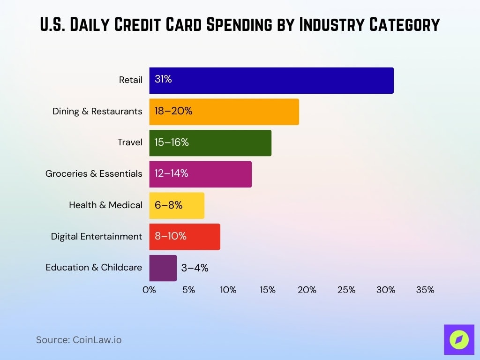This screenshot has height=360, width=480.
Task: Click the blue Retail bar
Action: pos(271,80)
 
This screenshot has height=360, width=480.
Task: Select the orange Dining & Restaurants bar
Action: pos(224,112)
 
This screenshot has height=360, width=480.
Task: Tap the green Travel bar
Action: pos(210,142)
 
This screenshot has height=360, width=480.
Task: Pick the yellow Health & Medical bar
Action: pos(177,205)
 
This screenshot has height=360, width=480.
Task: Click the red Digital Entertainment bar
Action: pos(185,236)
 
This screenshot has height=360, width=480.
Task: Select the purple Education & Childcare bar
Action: pos(163,268)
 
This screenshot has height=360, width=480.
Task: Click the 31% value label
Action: pos(163,80)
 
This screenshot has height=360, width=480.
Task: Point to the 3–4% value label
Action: pos(195,268)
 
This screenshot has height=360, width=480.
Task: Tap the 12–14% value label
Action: pos(172,173)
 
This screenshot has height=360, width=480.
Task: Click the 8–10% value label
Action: pos(171,236)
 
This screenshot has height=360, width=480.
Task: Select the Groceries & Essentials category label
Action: pos(94,174)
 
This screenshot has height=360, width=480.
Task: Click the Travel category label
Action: pos(130,142)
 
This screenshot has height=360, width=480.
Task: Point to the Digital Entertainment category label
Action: pos(97,237)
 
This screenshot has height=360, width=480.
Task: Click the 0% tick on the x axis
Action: pos(149,290)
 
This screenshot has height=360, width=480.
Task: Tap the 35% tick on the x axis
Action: pos(425,290)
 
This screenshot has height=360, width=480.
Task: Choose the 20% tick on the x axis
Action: pos(307,290)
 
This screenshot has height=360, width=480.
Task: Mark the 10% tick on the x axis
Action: pos(228,290)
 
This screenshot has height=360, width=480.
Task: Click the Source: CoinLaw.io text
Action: pos(79,340)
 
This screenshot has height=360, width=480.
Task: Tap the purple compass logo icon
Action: pos(459,339)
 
